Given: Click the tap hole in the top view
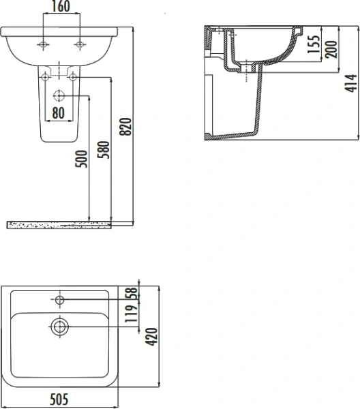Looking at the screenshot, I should tap(61, 299).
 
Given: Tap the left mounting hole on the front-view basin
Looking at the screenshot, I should tap(44, 45).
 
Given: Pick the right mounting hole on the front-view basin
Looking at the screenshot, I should tap(81, 45).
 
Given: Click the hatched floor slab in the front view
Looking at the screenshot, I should tap(61, 224).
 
